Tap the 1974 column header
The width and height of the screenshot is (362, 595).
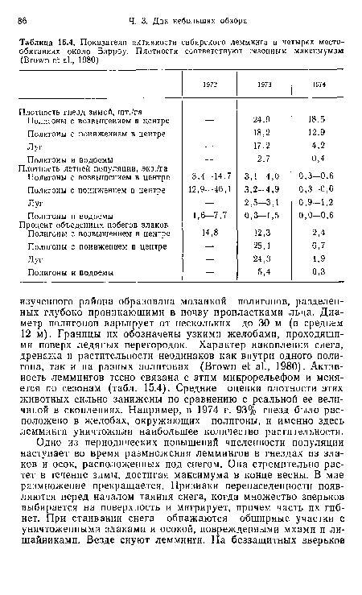point(319,84)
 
